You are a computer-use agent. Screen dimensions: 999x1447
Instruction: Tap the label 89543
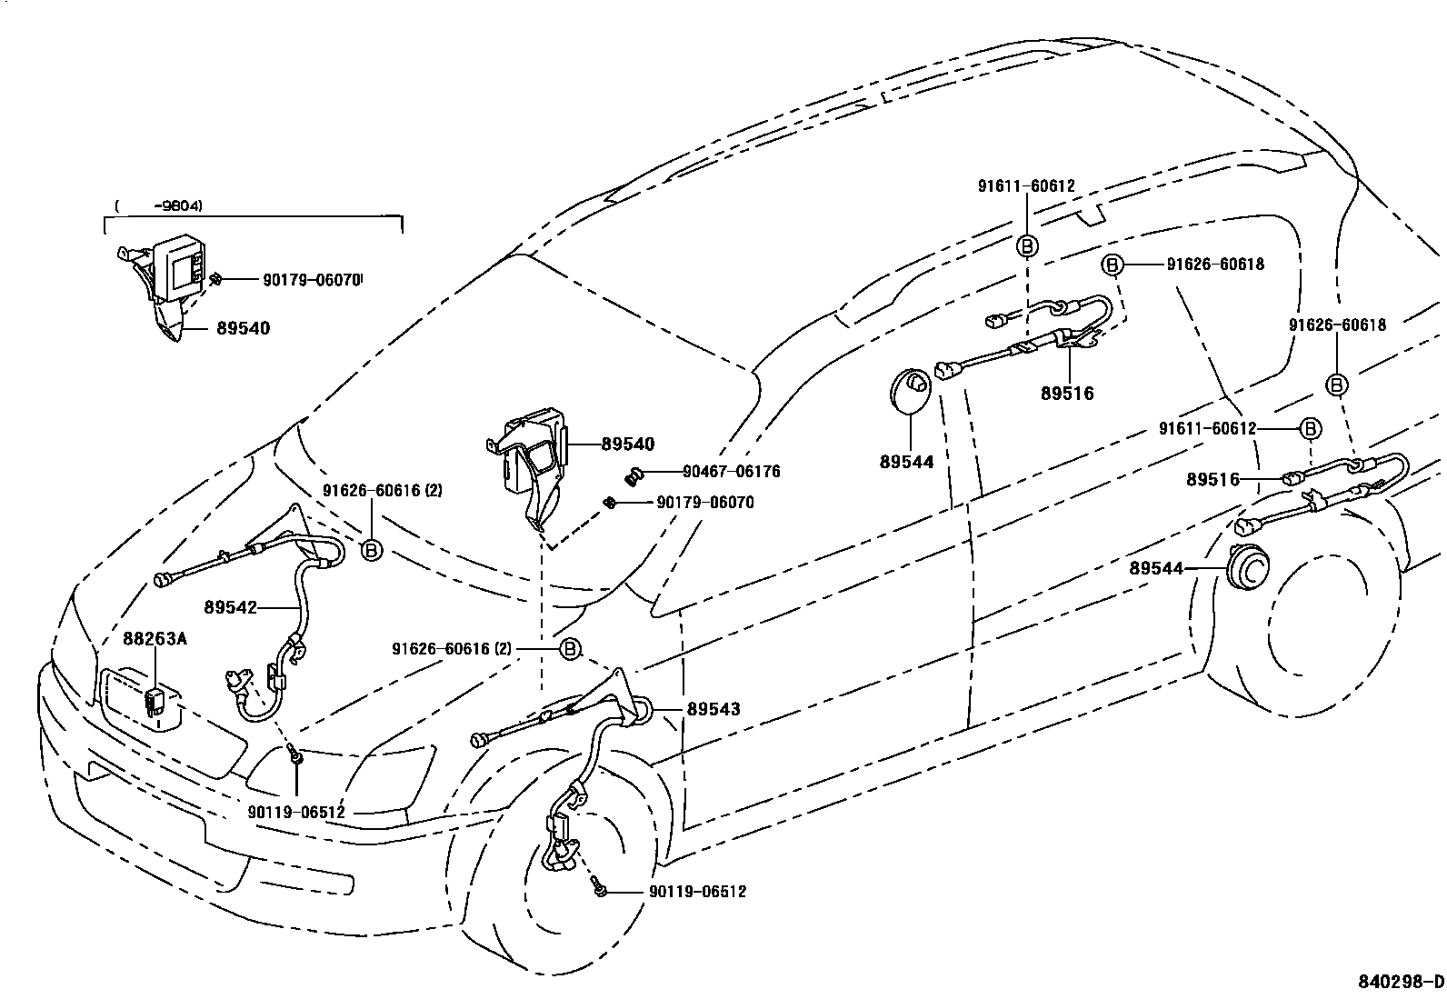[x=714, y=709]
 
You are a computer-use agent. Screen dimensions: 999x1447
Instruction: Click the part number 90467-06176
[x=731, y=472]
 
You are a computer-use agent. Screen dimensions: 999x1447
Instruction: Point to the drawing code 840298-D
[x=1400, y=982]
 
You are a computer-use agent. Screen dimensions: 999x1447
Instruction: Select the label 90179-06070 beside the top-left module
[x=311, y=281]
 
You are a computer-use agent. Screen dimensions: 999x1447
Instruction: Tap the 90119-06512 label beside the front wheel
[x=697, y=892]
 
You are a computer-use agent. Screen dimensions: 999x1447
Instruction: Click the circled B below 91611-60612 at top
[x=1026, y=246]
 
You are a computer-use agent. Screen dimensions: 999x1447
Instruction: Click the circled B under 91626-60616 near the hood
[x=371, y=549]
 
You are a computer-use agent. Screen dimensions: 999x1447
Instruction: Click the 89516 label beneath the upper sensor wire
[x=1067, y=394]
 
